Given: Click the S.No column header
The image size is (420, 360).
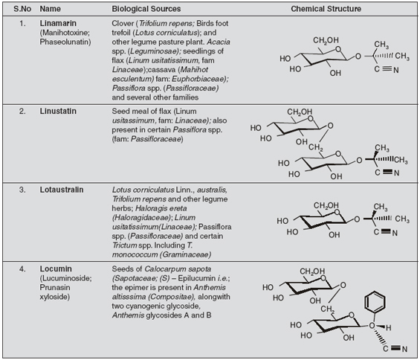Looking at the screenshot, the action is point(22,9).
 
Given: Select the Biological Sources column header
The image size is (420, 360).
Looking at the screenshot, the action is point(146,9).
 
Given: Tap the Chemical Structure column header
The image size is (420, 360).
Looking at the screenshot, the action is point(326,9).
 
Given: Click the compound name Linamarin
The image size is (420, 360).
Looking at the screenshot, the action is point(58,23).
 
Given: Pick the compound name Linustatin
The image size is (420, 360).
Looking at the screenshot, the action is point(58,112).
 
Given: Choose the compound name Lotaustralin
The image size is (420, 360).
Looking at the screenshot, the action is point(62,190).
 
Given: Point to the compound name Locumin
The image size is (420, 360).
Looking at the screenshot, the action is point(56,269).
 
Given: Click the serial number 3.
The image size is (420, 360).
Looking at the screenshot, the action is point(22,190).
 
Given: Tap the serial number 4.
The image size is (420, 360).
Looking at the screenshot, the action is point(22,269).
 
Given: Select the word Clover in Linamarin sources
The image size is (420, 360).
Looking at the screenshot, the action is point(123,23).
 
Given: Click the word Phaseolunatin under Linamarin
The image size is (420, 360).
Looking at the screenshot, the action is point(65,42).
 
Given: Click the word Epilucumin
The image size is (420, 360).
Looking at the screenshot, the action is point(196,278).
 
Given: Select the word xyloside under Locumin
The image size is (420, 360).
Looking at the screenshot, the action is point(55,297).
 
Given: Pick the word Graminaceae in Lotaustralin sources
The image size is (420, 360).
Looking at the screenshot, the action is point(186,254).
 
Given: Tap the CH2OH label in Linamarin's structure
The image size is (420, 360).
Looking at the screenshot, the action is point(326,40).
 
